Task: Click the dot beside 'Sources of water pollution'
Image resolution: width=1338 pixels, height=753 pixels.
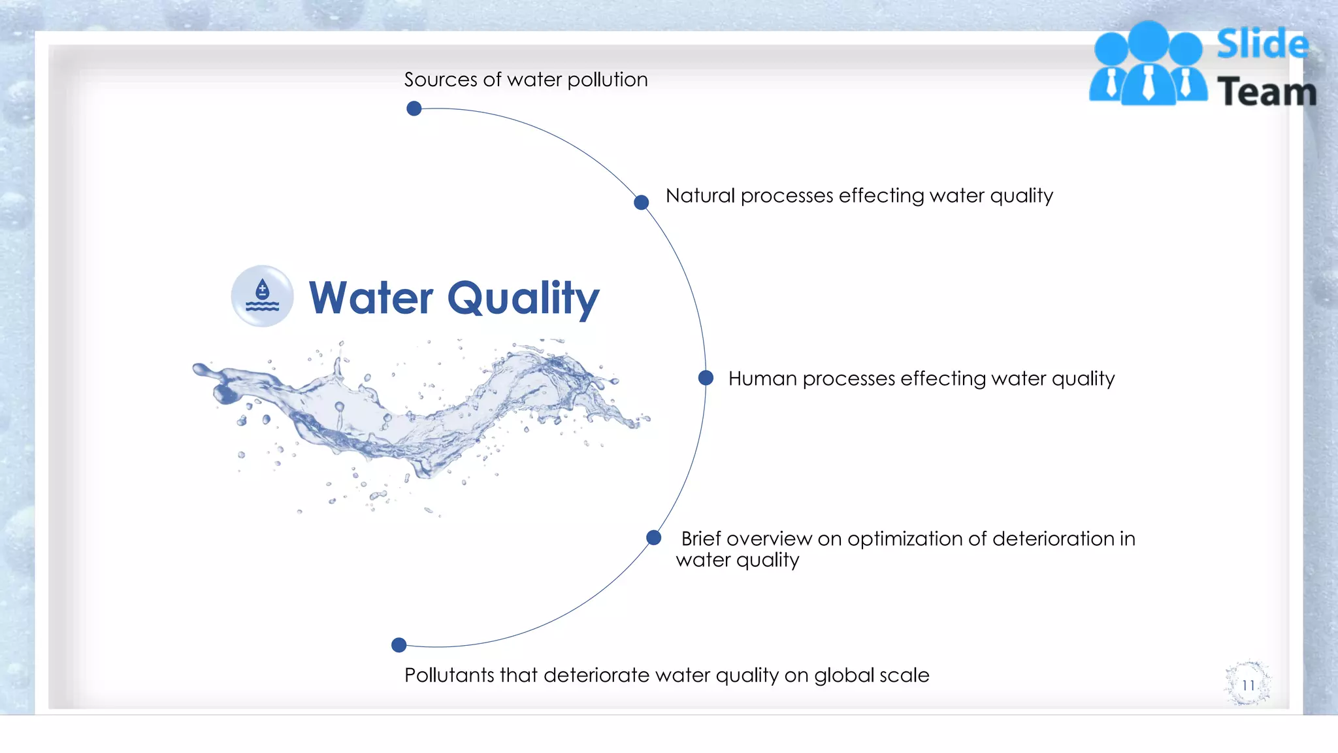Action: click(414, 109)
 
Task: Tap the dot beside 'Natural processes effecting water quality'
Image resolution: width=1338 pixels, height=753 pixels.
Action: click(642, 203)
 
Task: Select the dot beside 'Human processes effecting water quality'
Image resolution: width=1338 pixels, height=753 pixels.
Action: click(706, 378)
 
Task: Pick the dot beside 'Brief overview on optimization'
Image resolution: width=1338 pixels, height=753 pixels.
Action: click(653, 538)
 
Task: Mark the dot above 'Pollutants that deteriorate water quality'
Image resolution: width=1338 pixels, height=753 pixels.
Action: click(399, 645)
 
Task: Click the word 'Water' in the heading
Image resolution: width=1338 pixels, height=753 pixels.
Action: click(370, 298)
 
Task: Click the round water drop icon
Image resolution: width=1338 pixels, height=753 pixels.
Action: click(262, 296)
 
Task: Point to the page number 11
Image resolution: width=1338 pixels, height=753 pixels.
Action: click(1248, 685)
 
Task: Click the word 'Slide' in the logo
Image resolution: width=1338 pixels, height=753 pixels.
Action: click(1262, 44)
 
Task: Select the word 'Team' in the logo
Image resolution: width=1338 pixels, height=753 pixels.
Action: click(1266, 92)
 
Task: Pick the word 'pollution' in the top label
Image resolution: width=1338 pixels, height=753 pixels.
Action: click(607, 80)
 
